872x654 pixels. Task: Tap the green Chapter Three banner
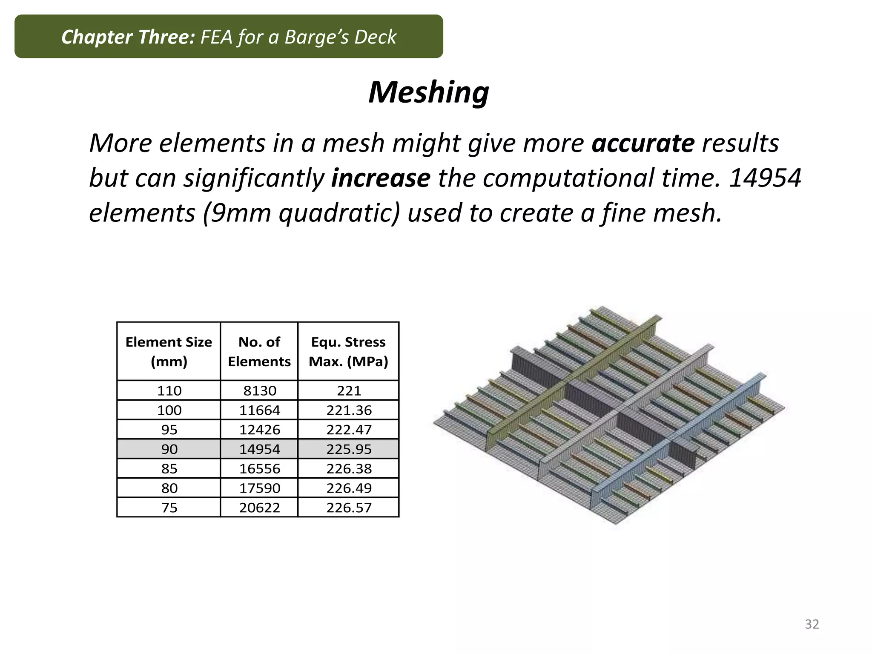pos(229,37)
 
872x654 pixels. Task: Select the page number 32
pos(812,624)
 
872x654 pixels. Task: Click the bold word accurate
pos(643,143)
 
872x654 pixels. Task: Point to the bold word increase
pos(381,178)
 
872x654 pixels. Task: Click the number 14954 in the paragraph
pos(765,178)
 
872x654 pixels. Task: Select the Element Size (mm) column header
pos(169,351)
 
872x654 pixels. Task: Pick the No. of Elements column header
pos(259,351)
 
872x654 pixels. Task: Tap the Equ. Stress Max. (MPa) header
pos(348,351)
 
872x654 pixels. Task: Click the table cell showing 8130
pos(260,390)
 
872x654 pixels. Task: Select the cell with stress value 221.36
pos(349,410)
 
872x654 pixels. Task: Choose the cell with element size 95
pos(169,430)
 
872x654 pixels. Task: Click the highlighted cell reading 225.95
pos(349,449)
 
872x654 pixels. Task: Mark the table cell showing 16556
pos(260,469)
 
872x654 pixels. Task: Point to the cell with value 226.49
pos(349,488)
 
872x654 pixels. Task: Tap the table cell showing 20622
pos(260,508)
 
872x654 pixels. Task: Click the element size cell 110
pos(169,390)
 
